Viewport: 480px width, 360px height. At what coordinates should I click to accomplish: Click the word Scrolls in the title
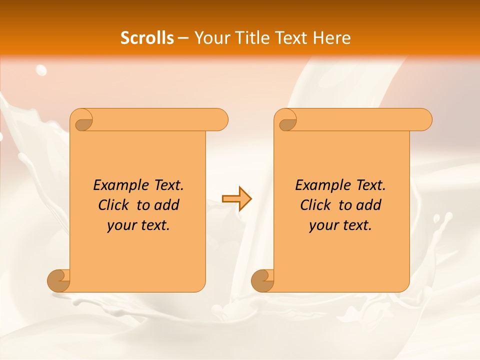[x=147, y=38]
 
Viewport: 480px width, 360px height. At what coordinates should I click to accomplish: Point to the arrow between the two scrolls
[x=236, y=199]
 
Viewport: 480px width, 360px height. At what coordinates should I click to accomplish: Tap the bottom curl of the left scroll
[x=58, y=280]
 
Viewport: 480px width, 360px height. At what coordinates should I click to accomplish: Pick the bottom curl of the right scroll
[x=262, y=280]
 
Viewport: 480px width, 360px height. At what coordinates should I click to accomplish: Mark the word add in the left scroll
[x=167, y=205]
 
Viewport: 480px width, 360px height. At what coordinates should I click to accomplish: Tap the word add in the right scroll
[x=369, y=205]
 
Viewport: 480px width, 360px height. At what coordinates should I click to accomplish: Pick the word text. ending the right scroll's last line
[x=356, y=225]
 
